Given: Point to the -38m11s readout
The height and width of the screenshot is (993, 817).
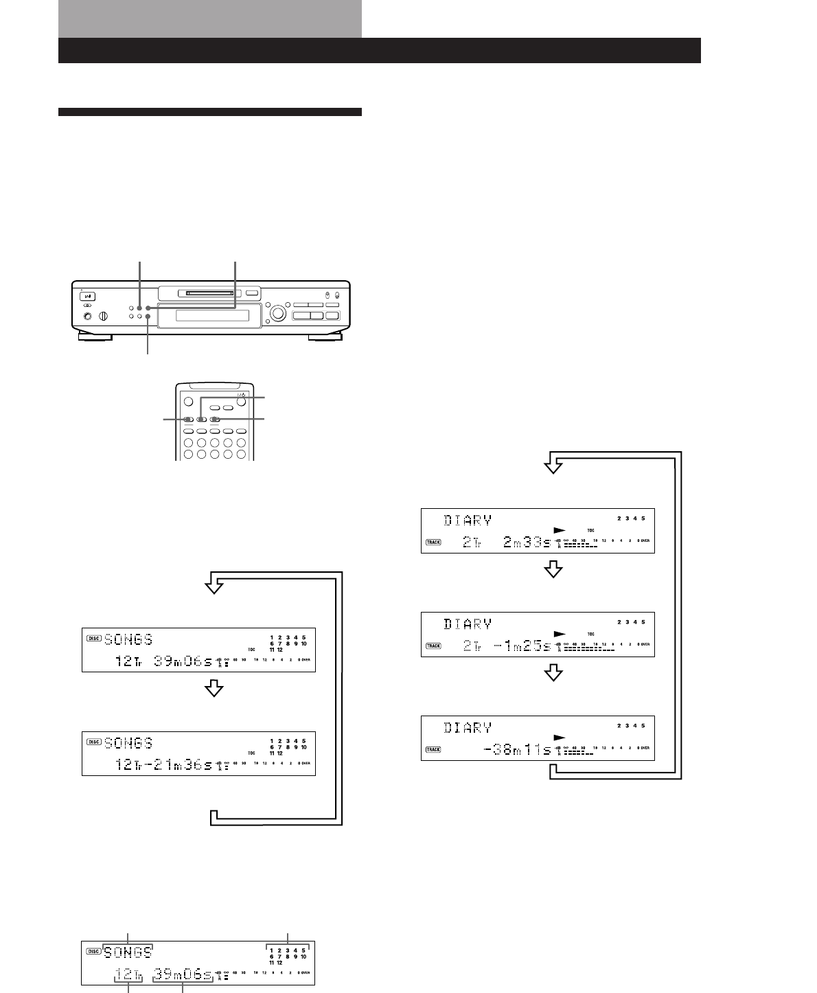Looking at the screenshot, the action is coord(518,750).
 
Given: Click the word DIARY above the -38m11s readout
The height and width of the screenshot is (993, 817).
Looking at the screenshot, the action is coord(468,727).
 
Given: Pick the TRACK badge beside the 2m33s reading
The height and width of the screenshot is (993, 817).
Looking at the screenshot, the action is coord(433,542).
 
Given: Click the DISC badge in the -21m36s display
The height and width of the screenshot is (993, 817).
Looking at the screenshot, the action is coord(94,742).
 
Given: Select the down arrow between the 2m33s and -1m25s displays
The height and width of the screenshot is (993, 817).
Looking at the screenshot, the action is coord(553,571).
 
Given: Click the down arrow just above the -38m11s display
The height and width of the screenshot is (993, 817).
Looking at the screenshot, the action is coord(553,674).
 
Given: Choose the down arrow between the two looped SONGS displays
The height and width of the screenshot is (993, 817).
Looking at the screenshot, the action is coord(216,689).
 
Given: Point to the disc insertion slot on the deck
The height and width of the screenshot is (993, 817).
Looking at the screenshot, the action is coord(209,294).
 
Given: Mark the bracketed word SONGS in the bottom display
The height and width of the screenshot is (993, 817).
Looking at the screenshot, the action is coord(128,951).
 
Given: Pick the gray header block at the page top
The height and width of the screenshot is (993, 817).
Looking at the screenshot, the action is coord(210,19).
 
